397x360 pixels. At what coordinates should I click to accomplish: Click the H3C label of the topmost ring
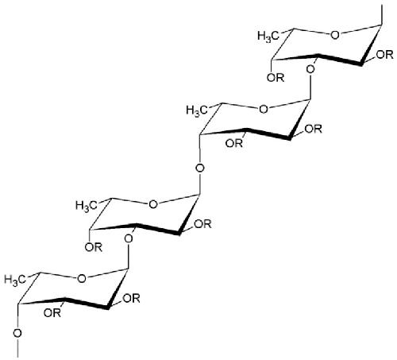268,36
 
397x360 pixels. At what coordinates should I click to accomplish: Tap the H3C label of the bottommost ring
15,280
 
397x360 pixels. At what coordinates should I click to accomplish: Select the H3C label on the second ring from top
197,110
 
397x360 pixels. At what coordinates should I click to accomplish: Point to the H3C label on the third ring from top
86,206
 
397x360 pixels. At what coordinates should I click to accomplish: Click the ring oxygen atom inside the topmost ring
334,35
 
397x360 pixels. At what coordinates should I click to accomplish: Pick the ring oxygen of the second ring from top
263,109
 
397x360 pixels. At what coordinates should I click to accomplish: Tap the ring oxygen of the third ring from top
153,204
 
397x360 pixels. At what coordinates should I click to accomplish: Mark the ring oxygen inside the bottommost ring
82,279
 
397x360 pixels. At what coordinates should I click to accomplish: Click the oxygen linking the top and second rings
310,70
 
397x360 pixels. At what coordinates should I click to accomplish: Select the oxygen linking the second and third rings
200,168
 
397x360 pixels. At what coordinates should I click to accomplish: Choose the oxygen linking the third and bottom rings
129,239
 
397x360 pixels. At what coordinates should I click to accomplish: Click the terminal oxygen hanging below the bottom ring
17,333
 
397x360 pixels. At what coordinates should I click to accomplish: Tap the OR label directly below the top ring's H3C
276,78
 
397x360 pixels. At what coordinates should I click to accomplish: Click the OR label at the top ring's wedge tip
384,55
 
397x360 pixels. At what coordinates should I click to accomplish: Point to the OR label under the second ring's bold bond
234,143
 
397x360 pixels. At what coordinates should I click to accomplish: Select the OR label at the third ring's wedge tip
202,224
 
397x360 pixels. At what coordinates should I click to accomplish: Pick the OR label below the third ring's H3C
94,247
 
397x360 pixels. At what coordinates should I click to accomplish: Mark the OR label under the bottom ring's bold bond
52,313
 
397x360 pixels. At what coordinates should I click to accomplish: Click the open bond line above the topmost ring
381,15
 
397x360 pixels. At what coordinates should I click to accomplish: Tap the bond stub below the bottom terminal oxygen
17,348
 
